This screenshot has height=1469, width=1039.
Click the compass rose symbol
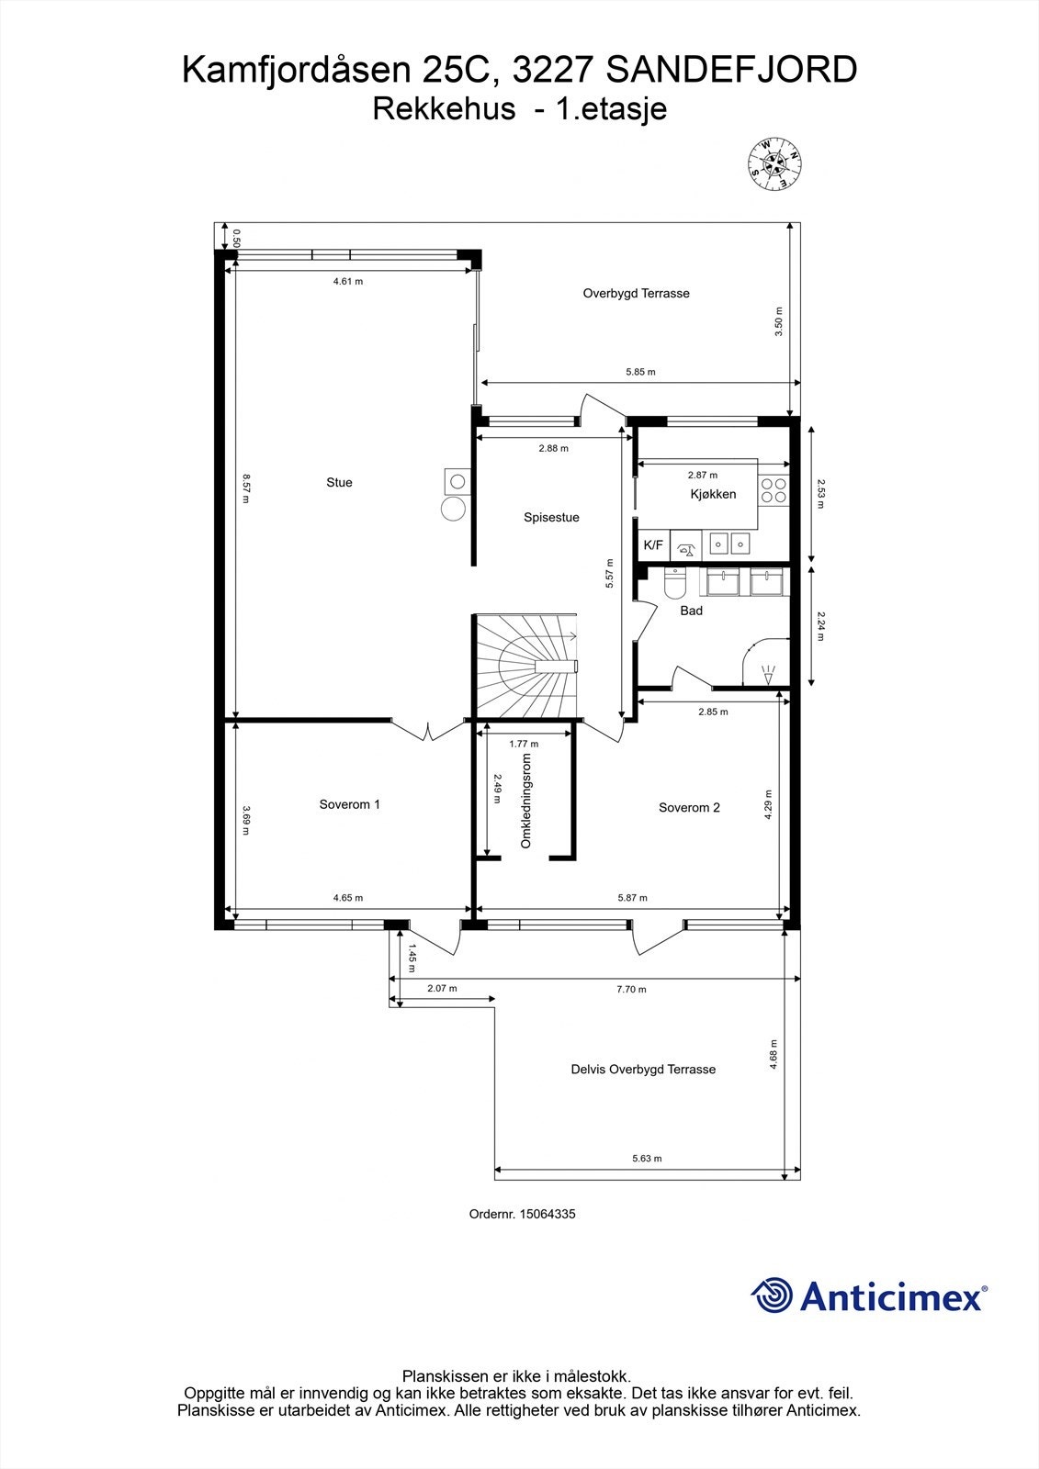click(x=773, y=164)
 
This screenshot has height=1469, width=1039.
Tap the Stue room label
click(x=339, y=483)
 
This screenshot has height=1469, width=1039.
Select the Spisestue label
click(x=551, y=518)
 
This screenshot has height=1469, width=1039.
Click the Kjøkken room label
click(x=713, y=494)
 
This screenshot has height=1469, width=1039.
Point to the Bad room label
click(x=691, y=611)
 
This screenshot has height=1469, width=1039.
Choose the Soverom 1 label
click(x=349, y=804)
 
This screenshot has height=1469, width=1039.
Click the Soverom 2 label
click(x=689, y=808)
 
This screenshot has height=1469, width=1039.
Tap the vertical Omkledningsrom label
click(x=526, y=801)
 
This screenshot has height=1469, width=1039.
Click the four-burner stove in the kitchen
click(x=774, y=490)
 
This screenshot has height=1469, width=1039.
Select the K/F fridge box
click(x=653, y=545)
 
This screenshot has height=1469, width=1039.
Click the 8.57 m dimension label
click(x=246, y=488)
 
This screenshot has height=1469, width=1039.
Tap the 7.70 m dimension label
click(x=630, y=989)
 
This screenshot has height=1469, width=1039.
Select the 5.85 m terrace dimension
click(x=640, y=372)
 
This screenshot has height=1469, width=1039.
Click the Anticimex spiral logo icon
click(x=772, y=1295)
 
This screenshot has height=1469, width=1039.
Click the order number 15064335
click(x=547, y=1214)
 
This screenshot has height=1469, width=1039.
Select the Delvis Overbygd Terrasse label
click(x=643, y=1070)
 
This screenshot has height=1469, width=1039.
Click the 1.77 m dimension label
click(x=524, y=744)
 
